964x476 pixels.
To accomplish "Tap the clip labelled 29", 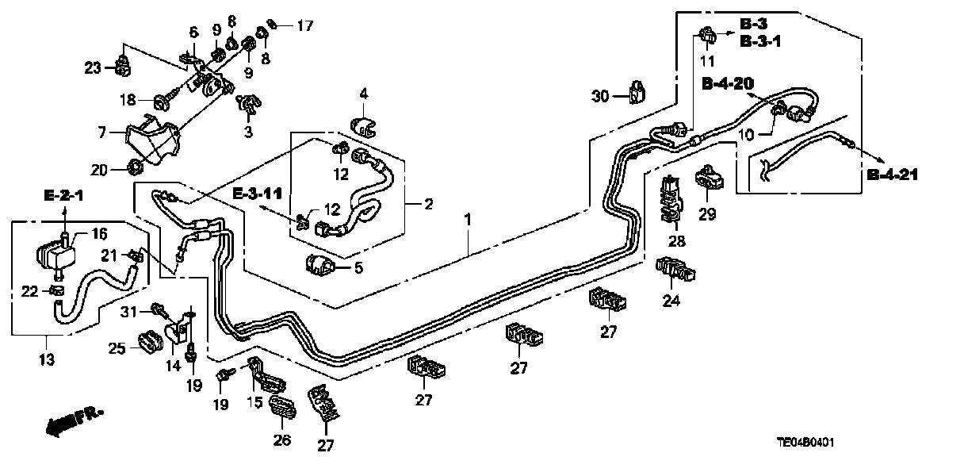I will (707, 180).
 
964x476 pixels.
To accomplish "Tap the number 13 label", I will (46, 360).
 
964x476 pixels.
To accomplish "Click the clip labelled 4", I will (363, 124).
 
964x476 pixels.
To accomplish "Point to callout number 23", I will (92, 68).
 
